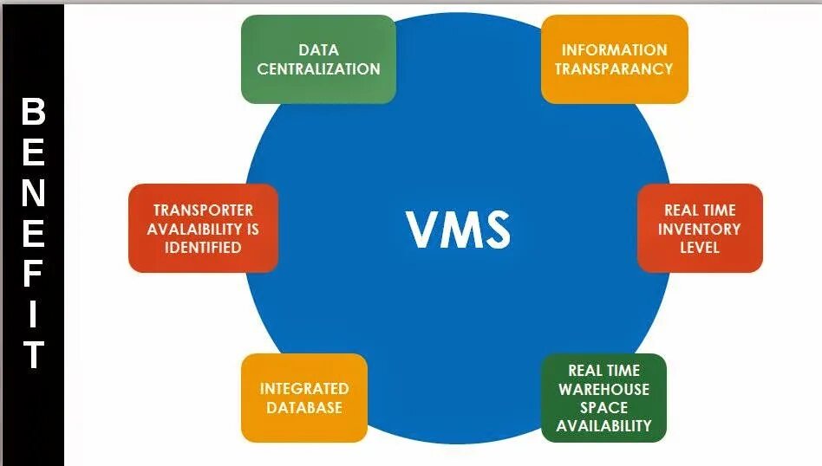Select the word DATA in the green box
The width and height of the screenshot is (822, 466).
click(x=318, y=50)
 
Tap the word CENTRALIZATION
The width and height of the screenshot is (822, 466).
click(x=318, y=69)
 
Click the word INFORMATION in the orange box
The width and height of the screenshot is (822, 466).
click(x=614, y=50)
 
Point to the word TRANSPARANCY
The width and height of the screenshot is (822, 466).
click(x=614, y=69)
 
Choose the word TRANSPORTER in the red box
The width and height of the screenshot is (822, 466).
click(x=203, y=210)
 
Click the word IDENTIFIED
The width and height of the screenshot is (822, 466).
click(x=203, y=248)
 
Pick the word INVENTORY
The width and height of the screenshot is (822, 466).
click(x=699, y=230)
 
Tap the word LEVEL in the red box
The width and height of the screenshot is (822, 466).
click(x=699, y=248)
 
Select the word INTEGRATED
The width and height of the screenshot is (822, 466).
click(x=303, y=389)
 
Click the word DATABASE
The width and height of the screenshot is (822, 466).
click(x=303, y=407)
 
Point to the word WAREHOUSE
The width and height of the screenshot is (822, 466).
click(x=603, y=390)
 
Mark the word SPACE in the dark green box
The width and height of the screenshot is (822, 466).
click(x=603, y=407)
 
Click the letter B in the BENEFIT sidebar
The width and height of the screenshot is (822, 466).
click(x=33, y=112)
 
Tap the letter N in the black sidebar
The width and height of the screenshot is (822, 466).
click(x=33, y=193)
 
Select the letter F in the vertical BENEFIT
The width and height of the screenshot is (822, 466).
click(x=33, y=275)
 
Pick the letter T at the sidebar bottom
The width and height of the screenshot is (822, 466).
click(x=33, y=355)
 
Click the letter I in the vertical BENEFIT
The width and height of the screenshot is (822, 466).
click(x=33, y=315)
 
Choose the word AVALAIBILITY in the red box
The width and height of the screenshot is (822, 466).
click(x=203, y=230)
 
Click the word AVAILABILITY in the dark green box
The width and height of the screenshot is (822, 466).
click(x=603, y=426)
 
